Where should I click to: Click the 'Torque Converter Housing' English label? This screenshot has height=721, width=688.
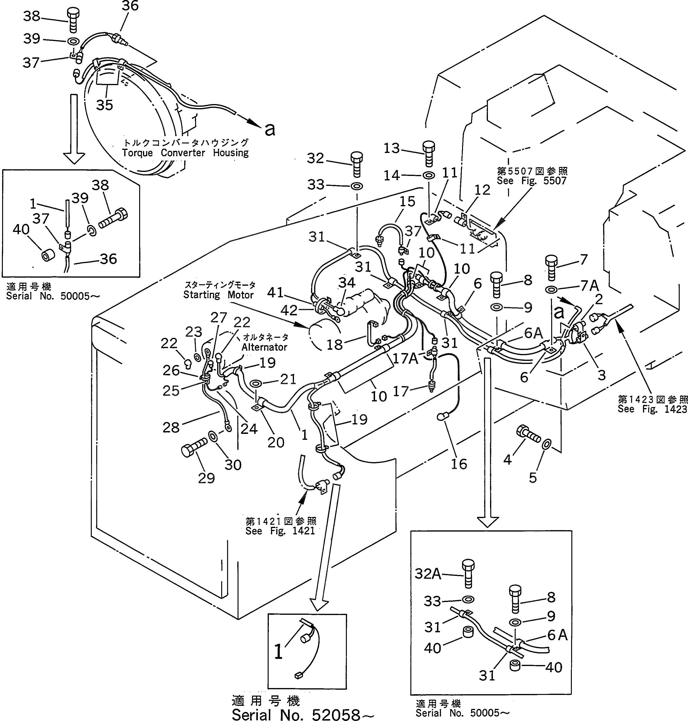click(x=185, y=153)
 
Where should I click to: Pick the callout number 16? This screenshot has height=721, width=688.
click(x=459, y=464)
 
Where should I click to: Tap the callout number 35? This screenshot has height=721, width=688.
click(x=105, y=105)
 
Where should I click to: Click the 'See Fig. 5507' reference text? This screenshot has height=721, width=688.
click(x=531, y=181)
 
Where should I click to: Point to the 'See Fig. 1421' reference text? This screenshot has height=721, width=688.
click(x=280, y=531)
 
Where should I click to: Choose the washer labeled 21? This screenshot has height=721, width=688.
click(x=256, y=384)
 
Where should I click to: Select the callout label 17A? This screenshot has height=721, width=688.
click(x=405, y=358)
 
